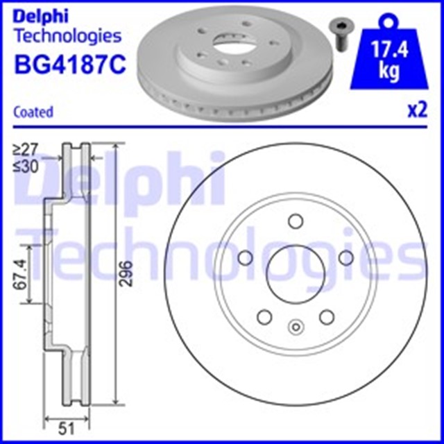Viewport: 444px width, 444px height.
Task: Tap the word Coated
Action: (x=33, y=111)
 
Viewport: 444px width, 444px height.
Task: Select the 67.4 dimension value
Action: (x=21, y=274)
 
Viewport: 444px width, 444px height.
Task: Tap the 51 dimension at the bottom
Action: (x=67, y=426)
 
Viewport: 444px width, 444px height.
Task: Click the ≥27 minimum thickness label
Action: (x=26, y=148)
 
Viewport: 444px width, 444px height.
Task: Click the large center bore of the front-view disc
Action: (x=294, y=273)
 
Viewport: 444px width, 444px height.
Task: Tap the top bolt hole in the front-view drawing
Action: (x=295, y=221)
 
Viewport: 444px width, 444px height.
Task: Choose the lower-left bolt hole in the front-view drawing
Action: (x=264, y=316)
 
